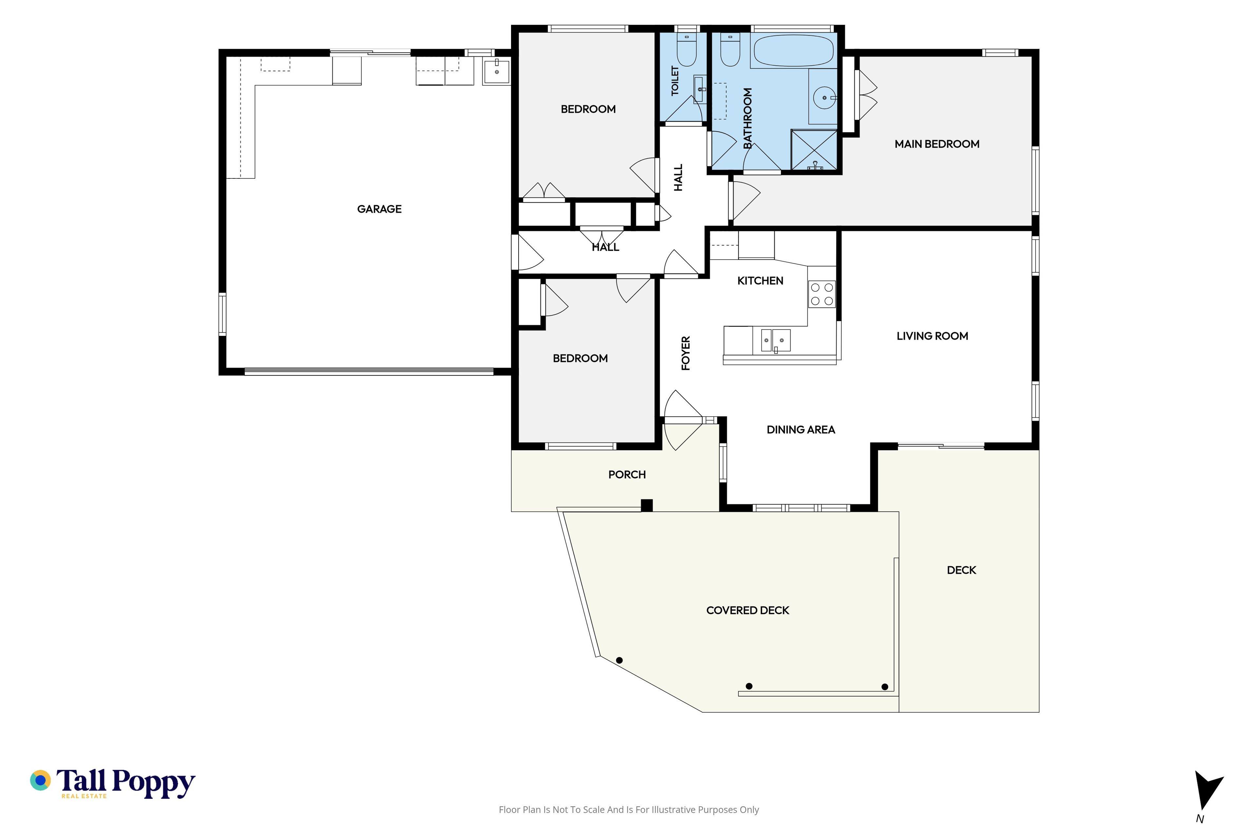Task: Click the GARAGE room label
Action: [379, 209]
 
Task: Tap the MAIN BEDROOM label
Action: [937, 144]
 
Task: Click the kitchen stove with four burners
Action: [822, 294]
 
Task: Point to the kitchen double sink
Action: [775, 340]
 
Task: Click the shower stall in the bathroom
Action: [814, 150]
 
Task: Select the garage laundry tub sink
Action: [496, 71]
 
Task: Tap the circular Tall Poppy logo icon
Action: [40, 780]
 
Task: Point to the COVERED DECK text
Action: [747, 610]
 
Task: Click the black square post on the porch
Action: [647, 505]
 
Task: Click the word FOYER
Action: [686, 353]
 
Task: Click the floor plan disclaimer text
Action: [628, 810]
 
